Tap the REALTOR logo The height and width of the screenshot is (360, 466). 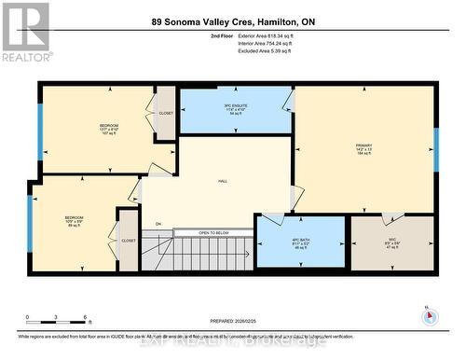click(x=24, y=32)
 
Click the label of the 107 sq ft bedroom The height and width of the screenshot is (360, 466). click(x=109, y=129)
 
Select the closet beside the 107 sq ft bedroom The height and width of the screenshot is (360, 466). click(x=166, y=114)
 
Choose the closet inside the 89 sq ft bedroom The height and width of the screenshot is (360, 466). click(x=128, y=240)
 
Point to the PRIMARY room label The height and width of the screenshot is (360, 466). click(x=363, y=149)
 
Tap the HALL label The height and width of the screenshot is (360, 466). click(x=223, y=181)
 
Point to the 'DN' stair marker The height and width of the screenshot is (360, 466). click(x=158, y=224)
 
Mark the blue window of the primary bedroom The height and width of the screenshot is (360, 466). click(x=435, y=145)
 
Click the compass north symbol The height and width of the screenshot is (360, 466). click(x=430, y=315)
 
